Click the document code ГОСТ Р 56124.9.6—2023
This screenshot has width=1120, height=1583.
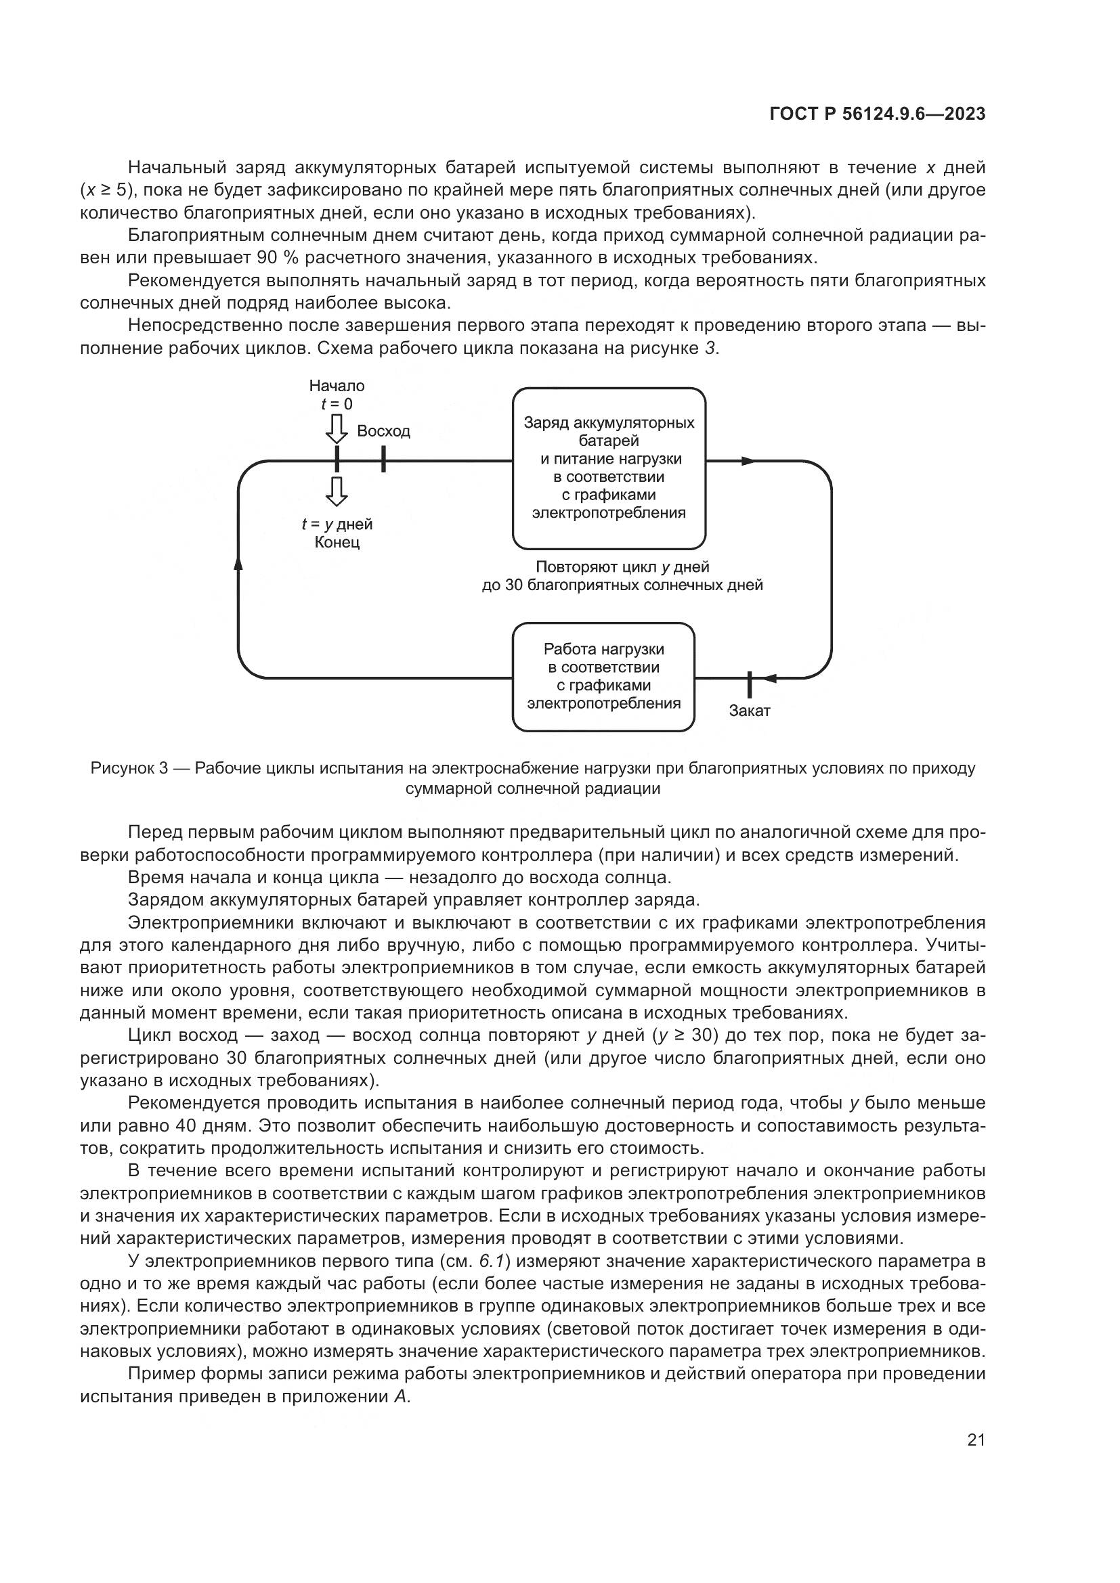click(x=877, y=114)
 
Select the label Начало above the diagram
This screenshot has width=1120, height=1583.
click(x=337, y=386)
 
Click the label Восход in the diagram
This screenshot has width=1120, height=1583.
click(x=383, y=432)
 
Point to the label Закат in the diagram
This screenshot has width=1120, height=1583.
click(x=750, y=711)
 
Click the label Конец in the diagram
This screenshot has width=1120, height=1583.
click(x=337, y=543)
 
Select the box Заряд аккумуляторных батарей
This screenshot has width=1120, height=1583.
click(x=609, y=468)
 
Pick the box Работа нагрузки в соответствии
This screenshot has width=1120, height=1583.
click(x=603, y=676)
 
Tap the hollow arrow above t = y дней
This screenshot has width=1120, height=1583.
click(x=337, y=491)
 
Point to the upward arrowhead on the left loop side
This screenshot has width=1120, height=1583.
click(x=238, y=564)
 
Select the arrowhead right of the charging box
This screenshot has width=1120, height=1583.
click(x=749, y=461)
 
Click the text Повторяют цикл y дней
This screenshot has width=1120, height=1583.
click(x=622, y=566)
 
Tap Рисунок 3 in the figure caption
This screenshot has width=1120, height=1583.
click(x=129, y=769)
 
